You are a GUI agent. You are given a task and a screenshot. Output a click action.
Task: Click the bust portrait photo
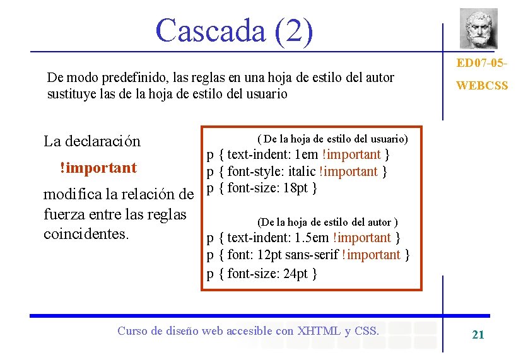pos(478,28)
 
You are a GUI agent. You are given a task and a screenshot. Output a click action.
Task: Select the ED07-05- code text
pos(481,64)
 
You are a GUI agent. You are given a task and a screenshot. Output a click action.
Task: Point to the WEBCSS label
pos(481,85)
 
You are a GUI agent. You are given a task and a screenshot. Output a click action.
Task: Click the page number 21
pos(478,335)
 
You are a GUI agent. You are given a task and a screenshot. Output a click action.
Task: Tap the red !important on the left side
pos(98,168)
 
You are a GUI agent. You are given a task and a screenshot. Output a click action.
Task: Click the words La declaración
pos(92,141)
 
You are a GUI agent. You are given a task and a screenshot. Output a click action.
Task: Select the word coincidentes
pos(86,233)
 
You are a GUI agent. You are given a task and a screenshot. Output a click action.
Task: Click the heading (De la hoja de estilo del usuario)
pos(333,138)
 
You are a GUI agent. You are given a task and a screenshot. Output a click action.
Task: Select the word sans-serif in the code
pos(310,255)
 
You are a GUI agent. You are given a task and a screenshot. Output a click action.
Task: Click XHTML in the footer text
pos(319,330)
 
